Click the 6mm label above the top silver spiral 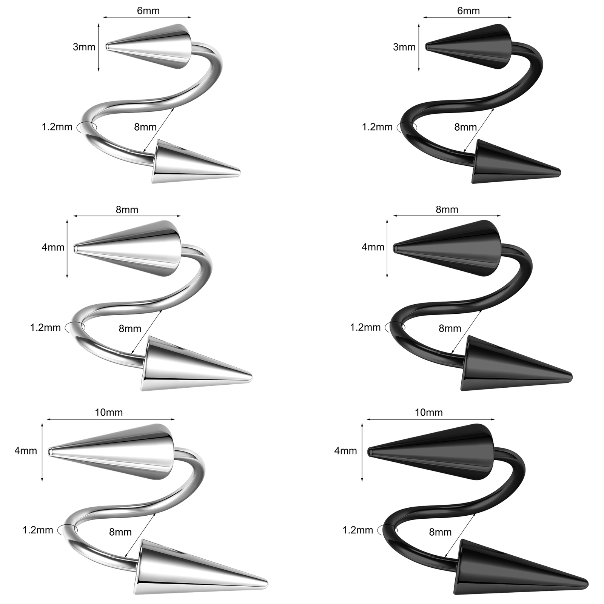coord(148,11)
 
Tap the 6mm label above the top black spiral coord(468,11)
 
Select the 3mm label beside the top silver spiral coord(84,47)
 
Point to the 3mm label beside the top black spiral coord(404,47)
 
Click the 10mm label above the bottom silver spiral coord(109,412)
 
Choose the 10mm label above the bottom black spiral coord(429,412)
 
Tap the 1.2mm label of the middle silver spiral coord(45,327)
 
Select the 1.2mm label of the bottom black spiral coord(357,530)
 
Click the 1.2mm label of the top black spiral coord(377,127)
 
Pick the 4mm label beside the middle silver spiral coord(53,248)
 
